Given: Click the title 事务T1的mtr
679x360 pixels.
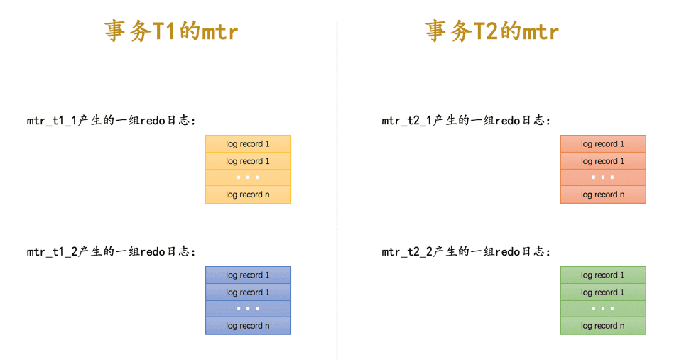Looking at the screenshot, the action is [x=171, y=31].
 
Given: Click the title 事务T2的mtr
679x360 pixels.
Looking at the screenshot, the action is [x=492, y=31].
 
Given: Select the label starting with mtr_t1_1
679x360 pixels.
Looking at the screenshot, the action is [x=112, y=120].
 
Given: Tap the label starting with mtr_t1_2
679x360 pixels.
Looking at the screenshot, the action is [x=112, y=251].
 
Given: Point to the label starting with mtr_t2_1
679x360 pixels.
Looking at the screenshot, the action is [x=466, y=120].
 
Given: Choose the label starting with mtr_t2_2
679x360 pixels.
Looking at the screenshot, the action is [x=466, y=251].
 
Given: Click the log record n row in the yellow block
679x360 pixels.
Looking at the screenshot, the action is [x=248, y=195].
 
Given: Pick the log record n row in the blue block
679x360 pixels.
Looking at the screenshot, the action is [x=248, y=326].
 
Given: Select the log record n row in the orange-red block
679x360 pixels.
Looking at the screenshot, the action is [x=603, y=195].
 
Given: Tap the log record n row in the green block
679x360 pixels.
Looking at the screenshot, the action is [x=603, y=326].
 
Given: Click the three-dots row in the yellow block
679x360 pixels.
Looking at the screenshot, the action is [x=248, y=178].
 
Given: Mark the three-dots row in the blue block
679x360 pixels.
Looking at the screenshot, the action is [x=248, y=309].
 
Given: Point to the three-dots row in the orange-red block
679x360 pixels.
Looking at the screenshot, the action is [x=603, y=178].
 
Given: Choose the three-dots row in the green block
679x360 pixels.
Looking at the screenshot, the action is [x=603, y=309].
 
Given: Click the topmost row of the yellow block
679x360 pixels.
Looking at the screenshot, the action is [x=248, y=143].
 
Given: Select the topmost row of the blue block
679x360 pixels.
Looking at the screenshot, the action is [x=248, y=276].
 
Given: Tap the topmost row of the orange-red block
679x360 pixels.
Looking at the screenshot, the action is [x=603, y=143].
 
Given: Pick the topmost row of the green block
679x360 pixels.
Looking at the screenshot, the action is [x=603, y=276].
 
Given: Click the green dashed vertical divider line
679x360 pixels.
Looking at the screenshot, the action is [x=337, y=190].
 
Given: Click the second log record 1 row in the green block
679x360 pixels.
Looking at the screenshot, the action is [x=603, y=292].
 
